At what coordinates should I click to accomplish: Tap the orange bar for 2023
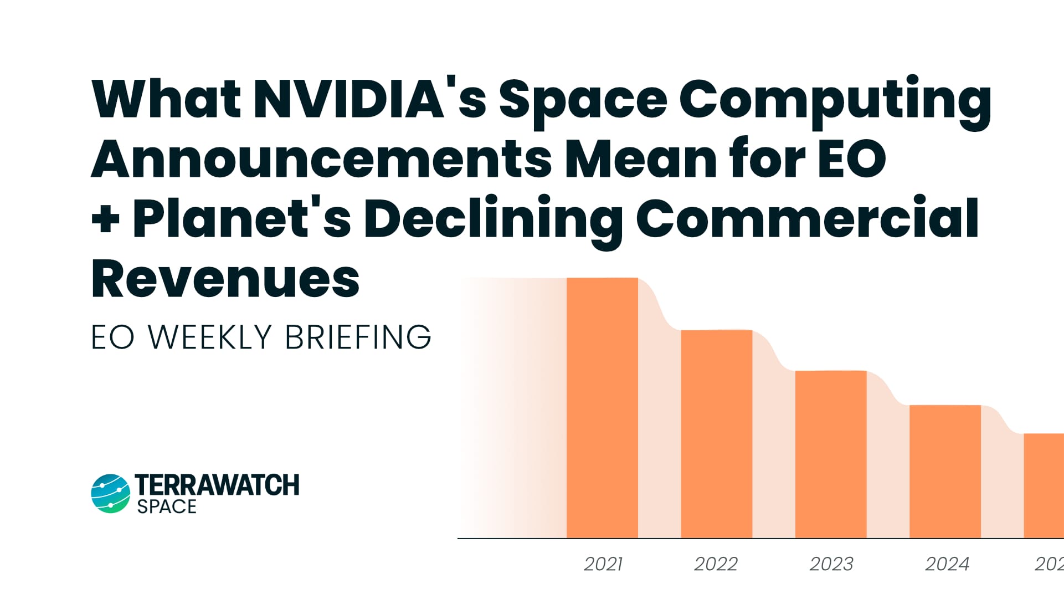[x=831, y=454]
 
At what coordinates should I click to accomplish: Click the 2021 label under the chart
[x=603, y=564]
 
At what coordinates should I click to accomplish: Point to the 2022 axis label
[x=716, y=564]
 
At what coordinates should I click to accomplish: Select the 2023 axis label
[x=831, y=564]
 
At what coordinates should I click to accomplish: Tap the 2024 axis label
[x=947, y=564]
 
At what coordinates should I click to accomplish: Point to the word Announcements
[x=321, y=160]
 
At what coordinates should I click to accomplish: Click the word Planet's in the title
[x=241, y=218]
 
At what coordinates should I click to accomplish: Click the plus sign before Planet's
[x=106, y=219]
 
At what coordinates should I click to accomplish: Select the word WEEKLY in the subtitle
[x=210, y=337]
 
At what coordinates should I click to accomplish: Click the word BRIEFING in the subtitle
[x=358, y=337]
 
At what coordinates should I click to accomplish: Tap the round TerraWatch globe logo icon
[x=110, y=493]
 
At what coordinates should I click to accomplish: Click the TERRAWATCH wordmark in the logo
[x=217, y=485]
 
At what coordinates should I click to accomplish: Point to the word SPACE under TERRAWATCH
[x=167, y=506]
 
